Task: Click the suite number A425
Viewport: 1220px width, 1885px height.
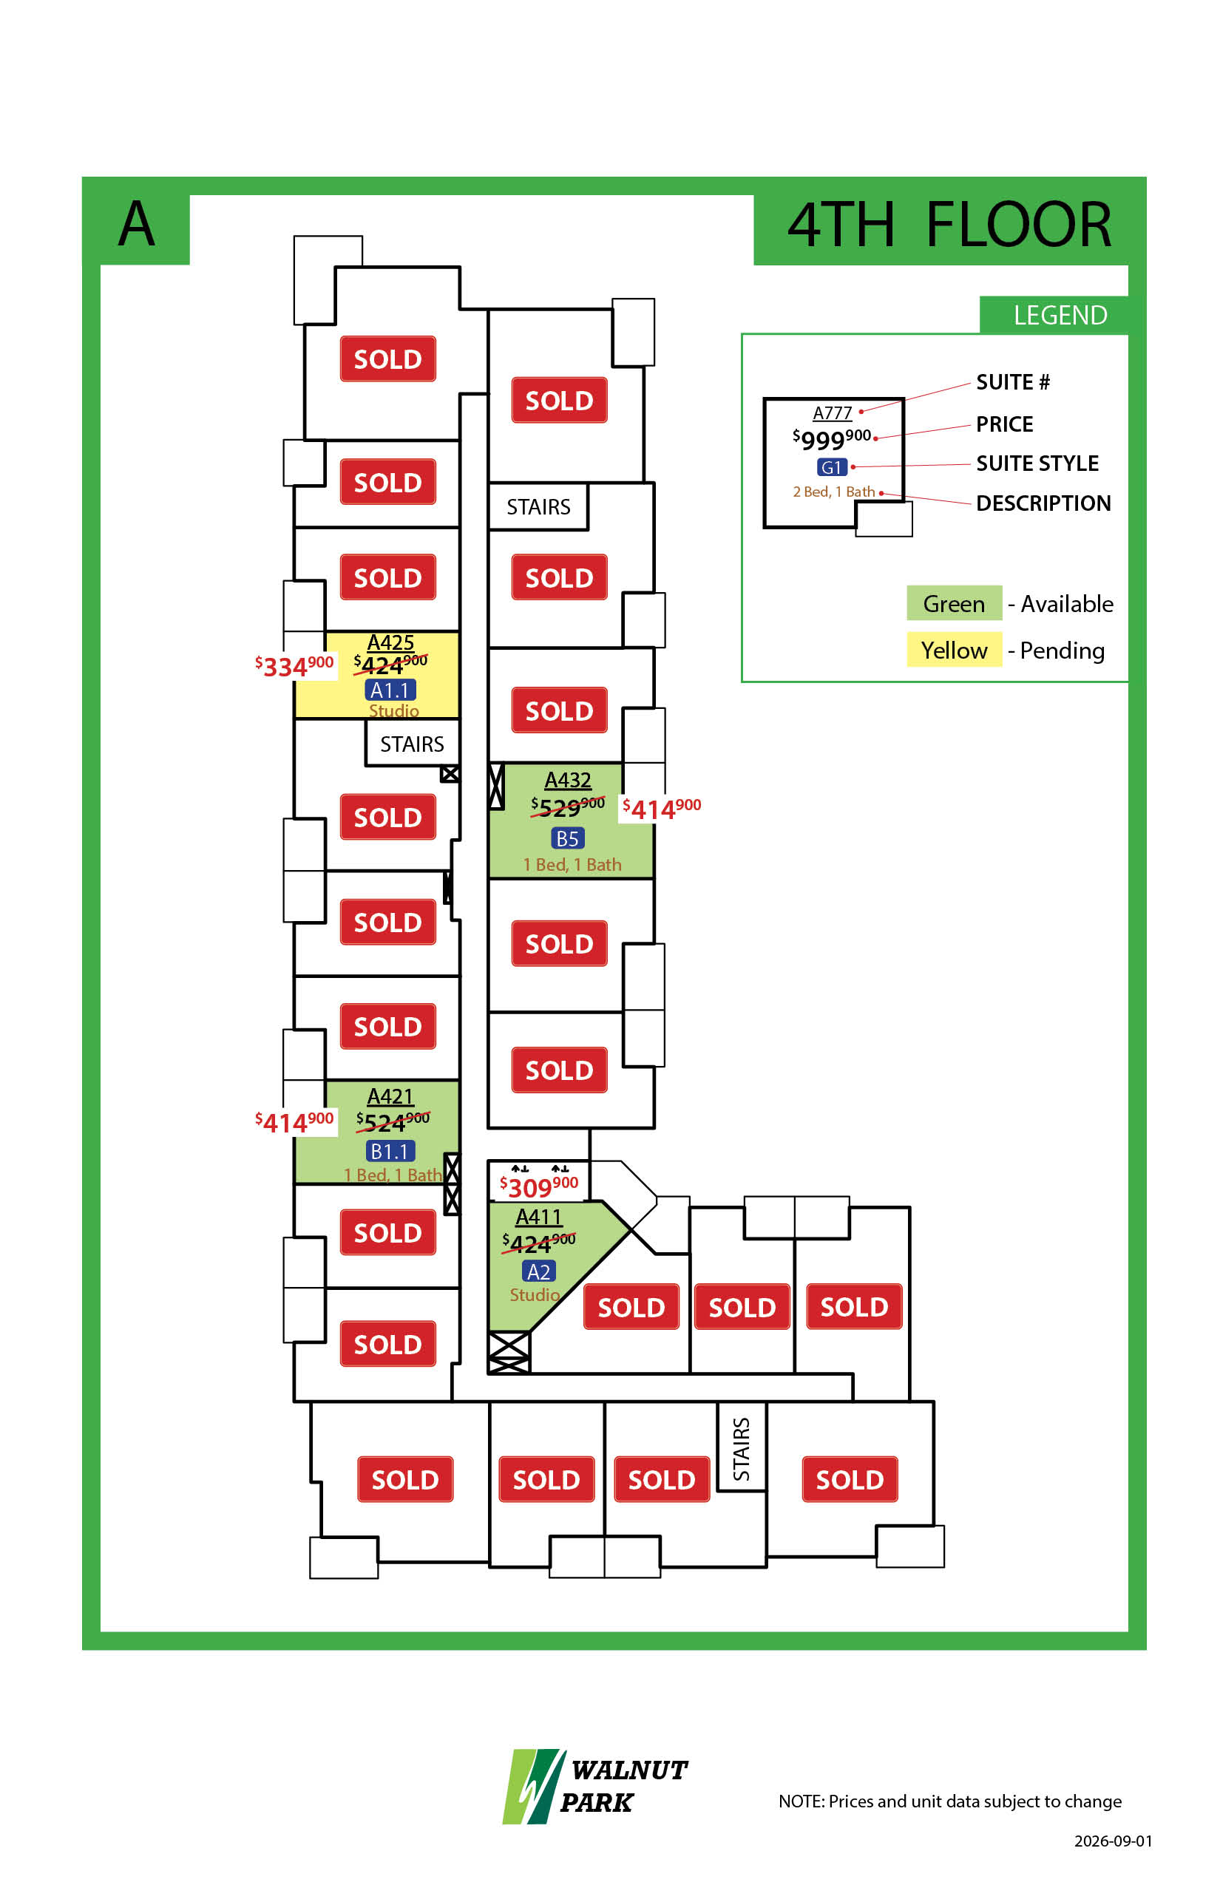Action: (390, 642)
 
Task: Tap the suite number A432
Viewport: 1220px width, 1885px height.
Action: (567, 780)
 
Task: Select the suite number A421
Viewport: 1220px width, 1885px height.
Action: (390, 1096)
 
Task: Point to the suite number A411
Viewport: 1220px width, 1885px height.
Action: (539, 1217)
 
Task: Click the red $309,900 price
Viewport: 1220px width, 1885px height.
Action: (539, 1186)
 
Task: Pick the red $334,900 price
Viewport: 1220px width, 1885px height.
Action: (294, 665)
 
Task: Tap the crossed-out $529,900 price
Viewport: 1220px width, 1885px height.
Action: (568, 807)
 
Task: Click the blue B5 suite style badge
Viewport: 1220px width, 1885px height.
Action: (567, 838)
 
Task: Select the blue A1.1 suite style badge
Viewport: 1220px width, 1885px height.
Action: (390, 690)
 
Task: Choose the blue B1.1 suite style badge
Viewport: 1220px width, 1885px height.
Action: (390, 1151)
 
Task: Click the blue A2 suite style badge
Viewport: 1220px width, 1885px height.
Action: (539, 1271)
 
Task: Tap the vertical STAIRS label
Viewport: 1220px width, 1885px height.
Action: (742, 1449)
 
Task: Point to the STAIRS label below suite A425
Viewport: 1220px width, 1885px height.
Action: (412, 744)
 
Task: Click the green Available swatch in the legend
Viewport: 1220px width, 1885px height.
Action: (954, 603)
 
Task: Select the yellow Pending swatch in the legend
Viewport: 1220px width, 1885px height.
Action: (954, 650)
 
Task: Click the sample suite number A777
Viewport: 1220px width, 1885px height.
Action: (833, 412)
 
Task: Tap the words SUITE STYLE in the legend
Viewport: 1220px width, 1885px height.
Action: (1037, 463)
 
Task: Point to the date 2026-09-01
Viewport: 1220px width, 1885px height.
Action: (1113, 1841)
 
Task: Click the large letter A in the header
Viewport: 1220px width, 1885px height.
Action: (136, 223)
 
